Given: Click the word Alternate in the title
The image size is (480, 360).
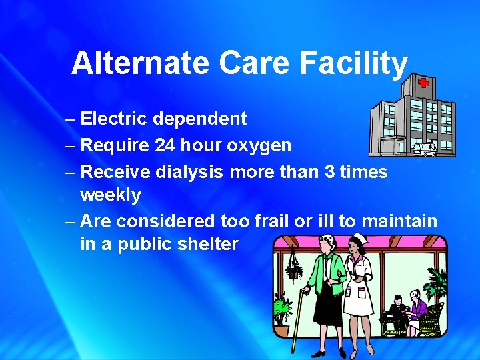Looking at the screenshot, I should coord(141,63).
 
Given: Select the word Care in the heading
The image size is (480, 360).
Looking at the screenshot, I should coord(255,63).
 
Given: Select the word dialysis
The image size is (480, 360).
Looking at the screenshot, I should coord(189,172).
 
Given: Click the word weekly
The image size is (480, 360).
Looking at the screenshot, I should coord(111,195).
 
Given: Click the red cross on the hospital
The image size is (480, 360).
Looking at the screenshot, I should coord(423,83).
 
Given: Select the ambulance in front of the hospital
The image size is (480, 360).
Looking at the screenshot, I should coord(425,149).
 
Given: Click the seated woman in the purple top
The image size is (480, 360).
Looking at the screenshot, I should coord(419,307).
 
